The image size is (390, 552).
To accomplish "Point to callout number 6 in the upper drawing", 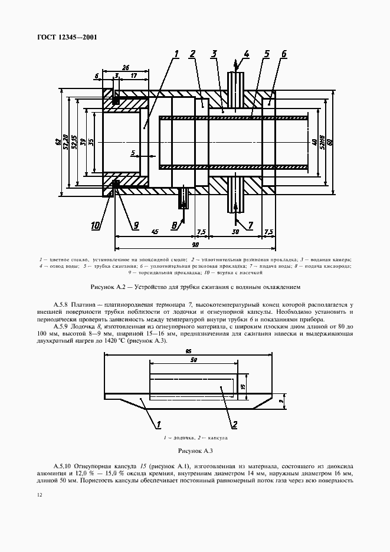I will [284, 54].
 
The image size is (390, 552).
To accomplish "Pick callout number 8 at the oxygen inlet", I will [175, 224].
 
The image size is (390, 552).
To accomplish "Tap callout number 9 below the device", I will [135, 224].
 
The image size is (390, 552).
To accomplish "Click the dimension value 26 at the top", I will [125, 67].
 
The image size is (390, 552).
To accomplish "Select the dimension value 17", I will [134, 75].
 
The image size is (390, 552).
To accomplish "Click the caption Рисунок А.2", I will [195, 287].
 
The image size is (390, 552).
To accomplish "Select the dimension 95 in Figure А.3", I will [188, 351].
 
